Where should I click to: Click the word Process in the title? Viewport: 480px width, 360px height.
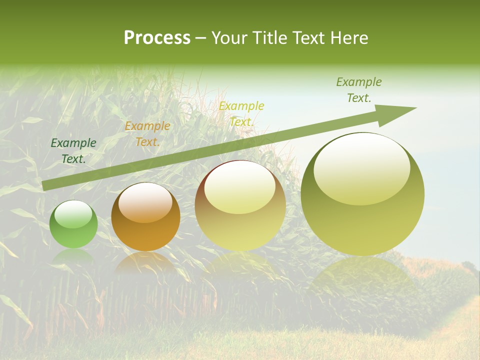[x=157, y=38]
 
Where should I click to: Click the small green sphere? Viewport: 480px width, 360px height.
[x=73, y=224]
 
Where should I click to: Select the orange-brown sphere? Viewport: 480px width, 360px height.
[x=145, y=217]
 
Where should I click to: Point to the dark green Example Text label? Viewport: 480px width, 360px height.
[x=73, y=150]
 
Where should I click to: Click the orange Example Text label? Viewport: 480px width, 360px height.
[x=147, y=133]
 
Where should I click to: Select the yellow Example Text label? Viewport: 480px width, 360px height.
[x=241, y=113]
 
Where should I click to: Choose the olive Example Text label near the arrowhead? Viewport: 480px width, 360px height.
[x=358, y=90]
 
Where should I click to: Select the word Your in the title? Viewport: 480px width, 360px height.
[x=229, y=38]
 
